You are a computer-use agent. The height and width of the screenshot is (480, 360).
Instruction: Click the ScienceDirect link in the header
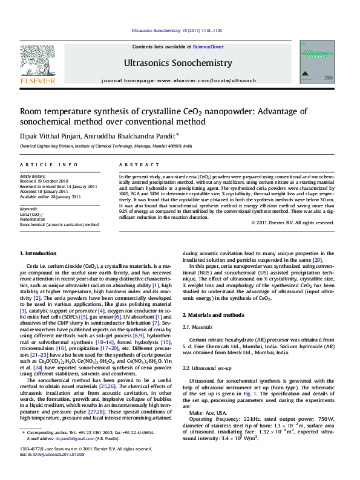tap(208, 47)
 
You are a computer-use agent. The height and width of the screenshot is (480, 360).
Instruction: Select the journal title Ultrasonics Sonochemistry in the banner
tap(178, 63)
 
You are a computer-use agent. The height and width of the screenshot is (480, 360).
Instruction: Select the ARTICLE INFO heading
tap(48, 164)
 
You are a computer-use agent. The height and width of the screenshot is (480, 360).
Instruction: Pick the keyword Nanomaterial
tap(36, 219)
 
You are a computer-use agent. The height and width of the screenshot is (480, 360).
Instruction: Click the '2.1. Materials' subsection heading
tap(199, 327)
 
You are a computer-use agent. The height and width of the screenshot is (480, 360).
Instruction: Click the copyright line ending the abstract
tap(292, 222)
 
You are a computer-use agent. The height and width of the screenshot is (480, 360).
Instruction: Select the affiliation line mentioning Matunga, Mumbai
tap(106, 146)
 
